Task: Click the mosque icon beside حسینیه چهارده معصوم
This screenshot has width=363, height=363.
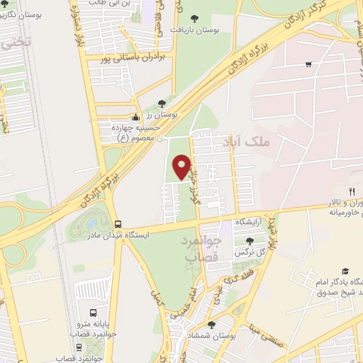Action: point(137,117)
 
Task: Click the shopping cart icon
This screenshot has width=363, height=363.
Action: point(308,65)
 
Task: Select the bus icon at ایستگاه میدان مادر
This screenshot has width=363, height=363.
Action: point(117,223)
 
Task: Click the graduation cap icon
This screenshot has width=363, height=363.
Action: point(345,271)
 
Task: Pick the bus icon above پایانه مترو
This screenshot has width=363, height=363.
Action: point(94,313)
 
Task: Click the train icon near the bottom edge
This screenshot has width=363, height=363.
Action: point(79,348)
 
